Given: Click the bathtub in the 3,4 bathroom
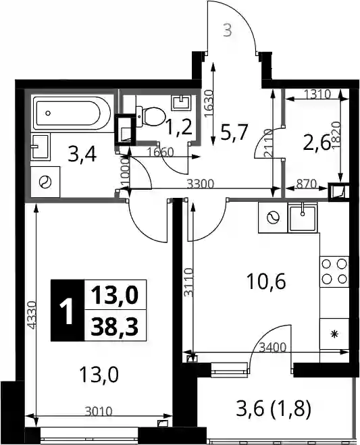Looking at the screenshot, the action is (x=72, y=113).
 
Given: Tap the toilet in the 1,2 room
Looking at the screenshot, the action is (x=151, y=116).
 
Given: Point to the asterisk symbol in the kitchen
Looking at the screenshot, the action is (x=334, y=334).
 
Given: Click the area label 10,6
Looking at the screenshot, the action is (x=266, y=281).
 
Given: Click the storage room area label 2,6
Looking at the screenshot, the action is (x=317, y=143).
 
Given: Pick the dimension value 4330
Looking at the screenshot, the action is (x=32, y=315).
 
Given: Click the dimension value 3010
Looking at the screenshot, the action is (x=99, y=411).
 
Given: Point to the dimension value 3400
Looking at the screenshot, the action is (x=273, y=347).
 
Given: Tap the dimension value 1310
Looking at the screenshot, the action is (x=317, y=94).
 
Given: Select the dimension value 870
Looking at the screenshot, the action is (x=306, y=184).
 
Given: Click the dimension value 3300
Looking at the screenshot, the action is (x=201, y=184).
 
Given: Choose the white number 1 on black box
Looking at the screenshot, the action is (x=68, y=311).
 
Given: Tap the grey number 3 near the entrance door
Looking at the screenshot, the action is (x=228, y=30).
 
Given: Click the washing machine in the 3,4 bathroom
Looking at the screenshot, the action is (x=45, y=182).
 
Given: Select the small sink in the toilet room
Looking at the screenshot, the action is (x=182, y=103).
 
